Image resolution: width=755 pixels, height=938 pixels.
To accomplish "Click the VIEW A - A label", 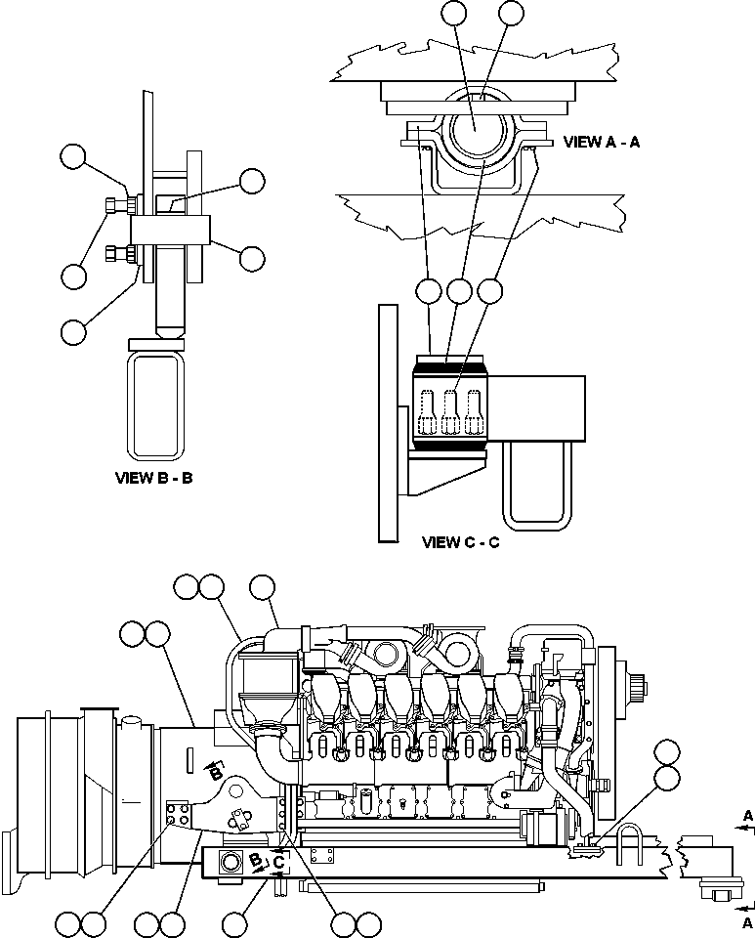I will [602, 142].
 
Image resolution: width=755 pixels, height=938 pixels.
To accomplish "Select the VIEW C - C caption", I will [460, 542].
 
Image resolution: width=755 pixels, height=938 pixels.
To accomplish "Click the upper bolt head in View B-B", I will [115, 205].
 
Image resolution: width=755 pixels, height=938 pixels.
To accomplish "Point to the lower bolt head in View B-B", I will [115, 255].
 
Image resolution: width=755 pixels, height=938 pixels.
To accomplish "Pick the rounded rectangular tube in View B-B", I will [157, 405].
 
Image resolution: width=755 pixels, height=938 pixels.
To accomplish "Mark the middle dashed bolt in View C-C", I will [450, 411].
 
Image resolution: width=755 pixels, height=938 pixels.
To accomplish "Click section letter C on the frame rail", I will [278, 863].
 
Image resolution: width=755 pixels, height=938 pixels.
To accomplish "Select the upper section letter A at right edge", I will [747, 814].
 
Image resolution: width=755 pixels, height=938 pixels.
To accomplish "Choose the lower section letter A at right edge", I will [747, 920].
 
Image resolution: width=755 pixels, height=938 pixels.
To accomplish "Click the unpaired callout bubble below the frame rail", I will [234, 922].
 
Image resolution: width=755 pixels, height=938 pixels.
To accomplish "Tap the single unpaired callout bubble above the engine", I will [262, 587].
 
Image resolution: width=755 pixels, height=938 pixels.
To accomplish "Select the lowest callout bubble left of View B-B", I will [72, 331].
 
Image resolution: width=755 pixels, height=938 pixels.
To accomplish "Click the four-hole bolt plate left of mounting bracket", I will [177, 814].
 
